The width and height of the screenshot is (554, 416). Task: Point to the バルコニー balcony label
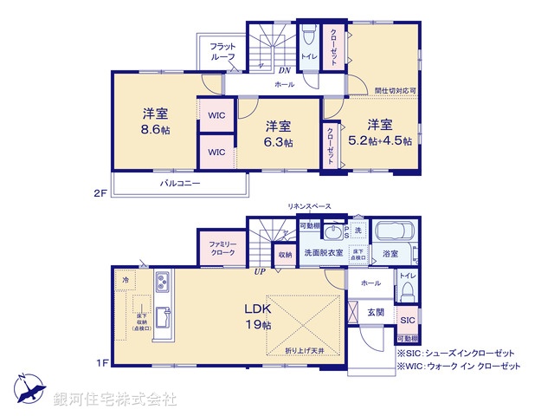tap(179, 184)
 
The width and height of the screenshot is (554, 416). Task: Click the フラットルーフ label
tap(224, 51)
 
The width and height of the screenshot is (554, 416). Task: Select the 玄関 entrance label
tap(375, 312)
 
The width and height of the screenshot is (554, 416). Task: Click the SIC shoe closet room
tap(407, 320)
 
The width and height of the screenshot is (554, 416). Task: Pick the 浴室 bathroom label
tap(390, 254)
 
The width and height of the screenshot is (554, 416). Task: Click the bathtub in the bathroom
tap(396, 232)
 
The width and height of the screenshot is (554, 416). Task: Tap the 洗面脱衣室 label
tap(323, 253)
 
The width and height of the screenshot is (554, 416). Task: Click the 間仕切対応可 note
tap(395, 90)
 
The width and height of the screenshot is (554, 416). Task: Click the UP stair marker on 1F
tap(260, 271)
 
